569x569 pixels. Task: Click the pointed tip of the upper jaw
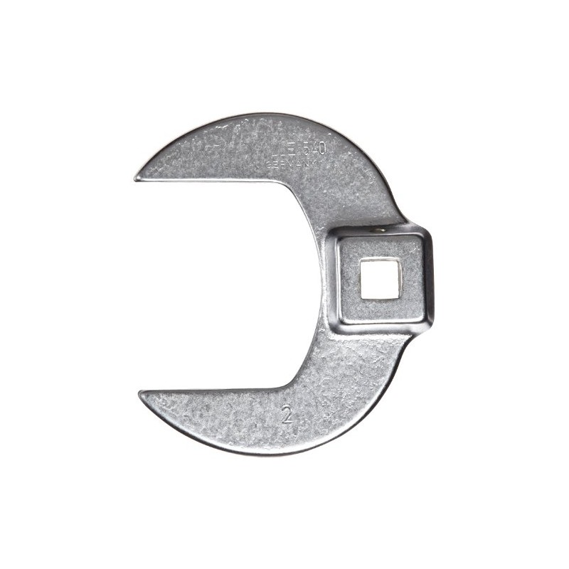[136, 177]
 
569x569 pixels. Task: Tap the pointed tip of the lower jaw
[140, 393]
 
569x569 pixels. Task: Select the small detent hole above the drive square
[377, 230]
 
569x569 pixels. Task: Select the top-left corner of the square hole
[361, 261]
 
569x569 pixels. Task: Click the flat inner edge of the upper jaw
[213, 180]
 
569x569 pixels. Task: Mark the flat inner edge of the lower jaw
[213, 389]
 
